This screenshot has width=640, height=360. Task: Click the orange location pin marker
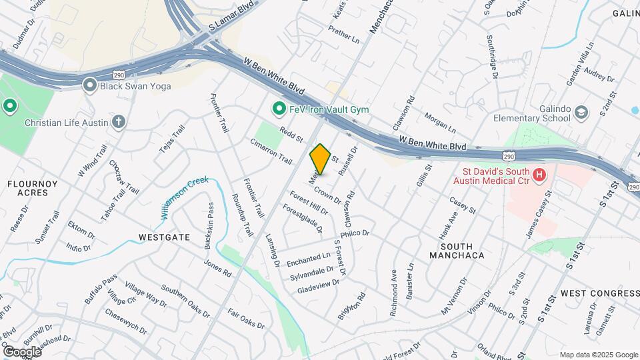321,159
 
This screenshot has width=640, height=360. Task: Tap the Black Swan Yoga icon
90,85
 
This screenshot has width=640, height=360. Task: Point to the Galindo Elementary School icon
581,112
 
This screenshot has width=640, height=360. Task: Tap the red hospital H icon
539,175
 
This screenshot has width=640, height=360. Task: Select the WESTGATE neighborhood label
164,237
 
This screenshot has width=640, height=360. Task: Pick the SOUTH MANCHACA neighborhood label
456,250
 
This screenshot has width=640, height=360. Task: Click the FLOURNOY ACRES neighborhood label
29,187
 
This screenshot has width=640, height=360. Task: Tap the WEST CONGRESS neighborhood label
599,293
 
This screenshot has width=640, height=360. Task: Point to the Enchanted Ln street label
309,259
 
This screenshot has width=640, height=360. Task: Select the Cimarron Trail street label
271,151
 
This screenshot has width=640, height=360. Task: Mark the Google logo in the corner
21,351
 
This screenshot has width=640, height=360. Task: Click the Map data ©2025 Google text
598,355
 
